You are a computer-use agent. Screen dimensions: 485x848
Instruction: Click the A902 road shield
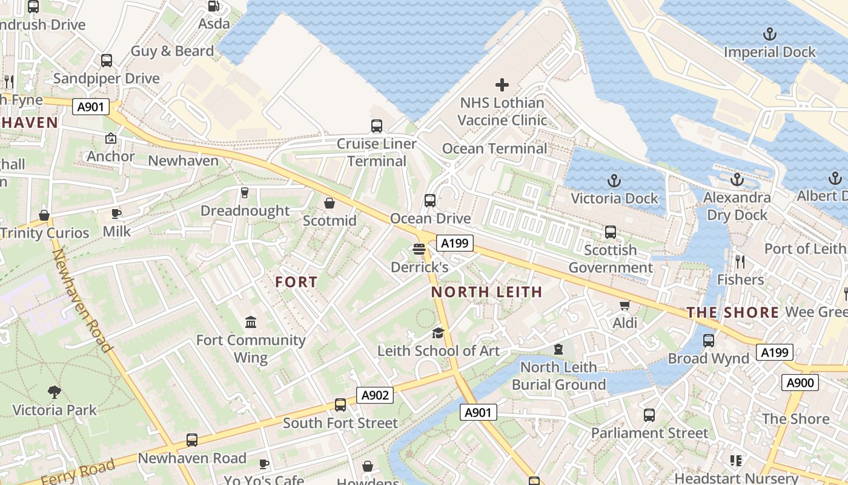tap(374, 395)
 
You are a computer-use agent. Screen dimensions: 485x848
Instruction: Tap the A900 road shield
tap(800, 383)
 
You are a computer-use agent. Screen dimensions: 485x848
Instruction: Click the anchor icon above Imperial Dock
tap(769, 34)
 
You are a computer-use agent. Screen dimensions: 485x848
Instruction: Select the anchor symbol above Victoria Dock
tap(614, 181)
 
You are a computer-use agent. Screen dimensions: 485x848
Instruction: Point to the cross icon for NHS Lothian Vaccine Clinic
tap(502, 85)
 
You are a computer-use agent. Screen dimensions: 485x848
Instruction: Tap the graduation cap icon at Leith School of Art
tap(438, 333)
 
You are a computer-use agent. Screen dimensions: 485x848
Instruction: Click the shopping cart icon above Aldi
tap(624, 305)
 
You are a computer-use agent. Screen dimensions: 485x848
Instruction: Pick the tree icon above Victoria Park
tap(55, 392)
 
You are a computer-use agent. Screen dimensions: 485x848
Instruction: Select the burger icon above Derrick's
tap(419, 249)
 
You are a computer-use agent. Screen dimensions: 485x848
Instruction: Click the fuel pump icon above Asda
tap(214, 6)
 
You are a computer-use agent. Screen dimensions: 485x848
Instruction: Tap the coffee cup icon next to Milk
tap(116, 213)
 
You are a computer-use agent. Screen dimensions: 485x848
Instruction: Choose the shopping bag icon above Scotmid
tap(330, 202)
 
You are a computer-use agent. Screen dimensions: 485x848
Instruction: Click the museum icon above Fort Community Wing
tap(250, 322)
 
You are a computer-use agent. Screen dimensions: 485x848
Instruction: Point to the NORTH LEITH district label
tap(486, 292)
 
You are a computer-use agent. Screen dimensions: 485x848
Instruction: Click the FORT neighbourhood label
tap(296, 282)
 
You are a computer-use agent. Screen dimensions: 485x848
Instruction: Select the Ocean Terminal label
tap(494, 149)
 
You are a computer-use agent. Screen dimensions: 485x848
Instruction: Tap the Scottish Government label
tap(611, 259)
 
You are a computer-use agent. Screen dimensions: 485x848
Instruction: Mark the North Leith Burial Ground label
tap(558, 376)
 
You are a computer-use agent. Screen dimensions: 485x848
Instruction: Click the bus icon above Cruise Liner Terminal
tap(377, 126)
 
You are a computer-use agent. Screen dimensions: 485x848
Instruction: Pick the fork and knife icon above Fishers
tap(740, 261)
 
